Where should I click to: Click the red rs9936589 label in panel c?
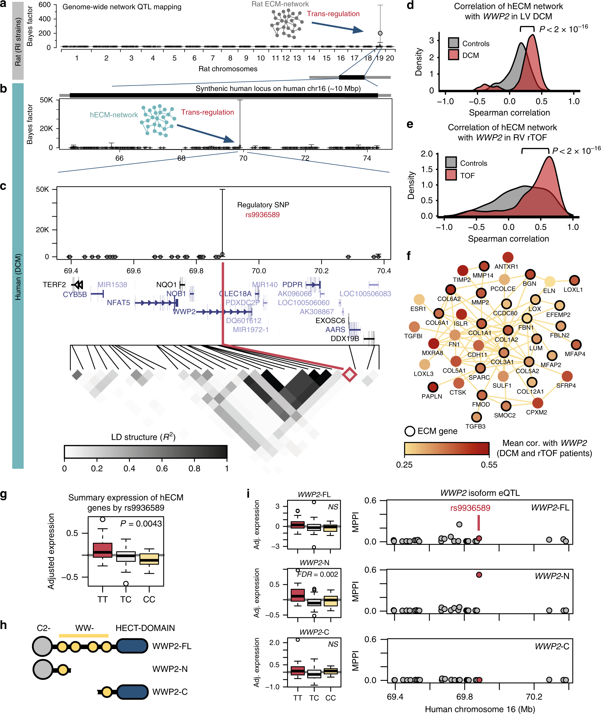tap(262, 215)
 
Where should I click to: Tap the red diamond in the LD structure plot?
tap(349, 374)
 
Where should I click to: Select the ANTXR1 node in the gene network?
tap(508, 257)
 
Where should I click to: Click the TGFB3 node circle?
tap(476, 417)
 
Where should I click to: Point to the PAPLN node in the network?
tap(433, 387)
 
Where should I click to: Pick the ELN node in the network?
tap(549, 281)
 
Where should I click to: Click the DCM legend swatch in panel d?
tap(453, 55)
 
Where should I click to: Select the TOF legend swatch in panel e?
tap(451, 175)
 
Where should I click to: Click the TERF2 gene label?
tap(54, 285)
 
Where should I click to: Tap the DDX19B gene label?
tap(345, 339)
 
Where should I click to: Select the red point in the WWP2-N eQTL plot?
tap(479, 575)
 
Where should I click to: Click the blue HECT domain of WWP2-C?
tap(132, 692)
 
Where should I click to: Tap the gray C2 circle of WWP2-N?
tap(43, 669)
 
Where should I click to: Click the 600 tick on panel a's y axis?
tap(45, 5)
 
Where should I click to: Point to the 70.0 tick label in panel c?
tap(259, 271)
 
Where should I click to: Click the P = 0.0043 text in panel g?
tap(141, 524)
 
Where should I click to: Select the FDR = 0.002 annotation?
tap(318, 574)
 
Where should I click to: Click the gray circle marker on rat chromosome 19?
tap(380, 33)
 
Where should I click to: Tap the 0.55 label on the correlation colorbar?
tap(489, 465)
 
